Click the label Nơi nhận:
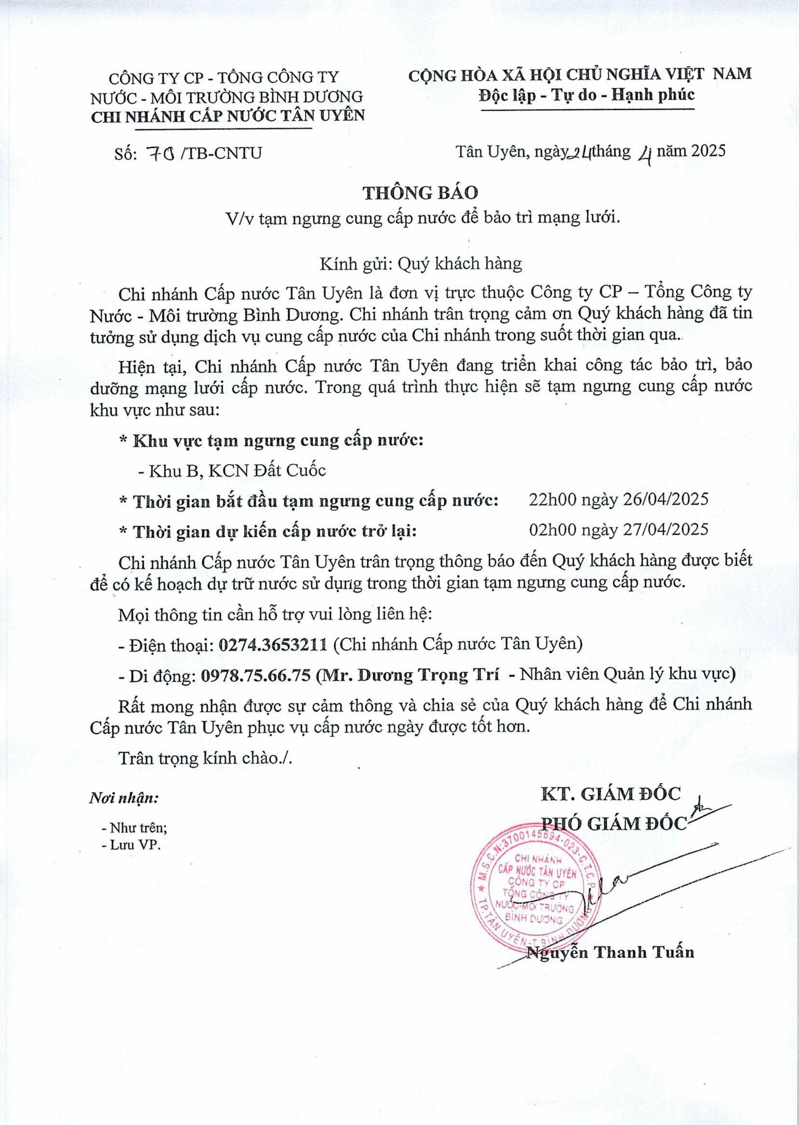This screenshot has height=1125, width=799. click(124, 798)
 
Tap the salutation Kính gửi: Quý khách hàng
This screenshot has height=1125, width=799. click(421, 264)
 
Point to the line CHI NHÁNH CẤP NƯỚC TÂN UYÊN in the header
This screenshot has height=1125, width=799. click(227, 116)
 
